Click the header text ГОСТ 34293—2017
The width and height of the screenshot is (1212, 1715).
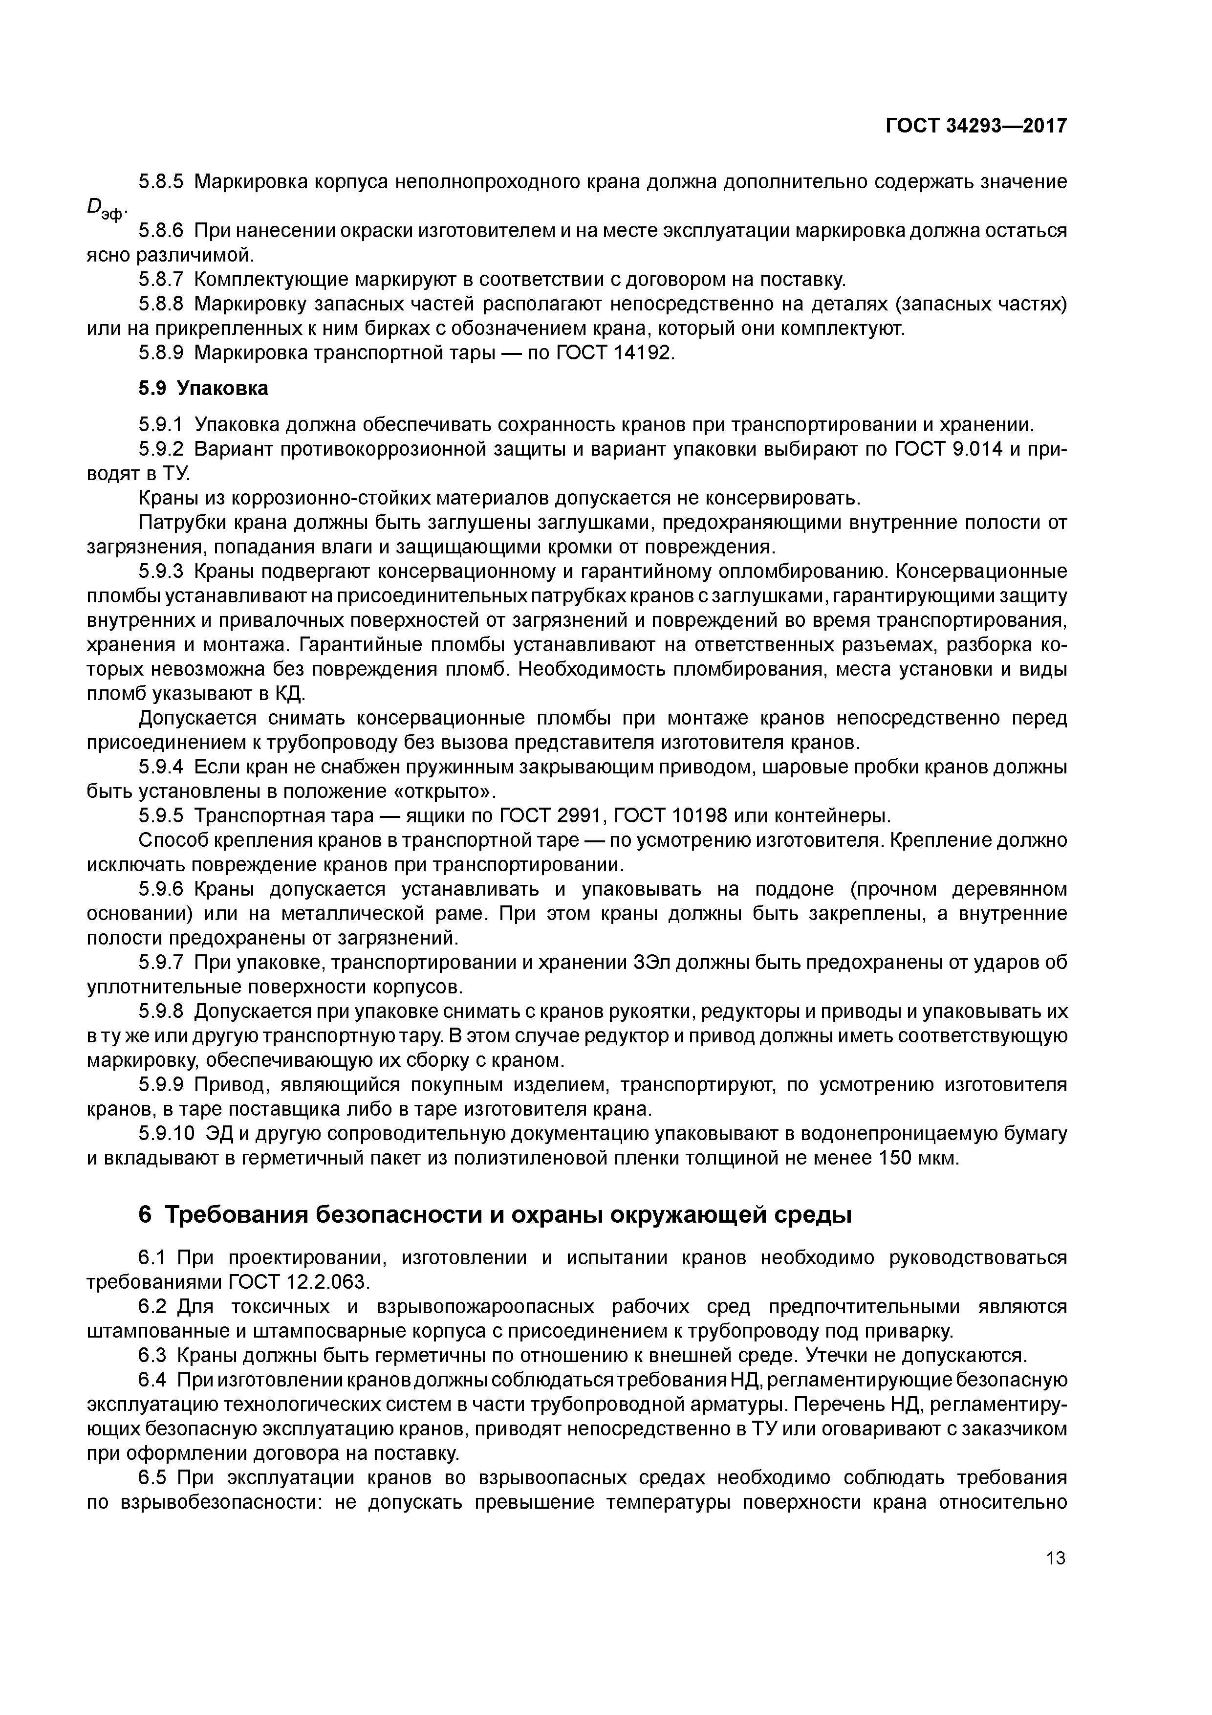976,126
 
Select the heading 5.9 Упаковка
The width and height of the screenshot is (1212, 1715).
203,389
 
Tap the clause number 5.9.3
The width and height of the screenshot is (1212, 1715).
161,572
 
